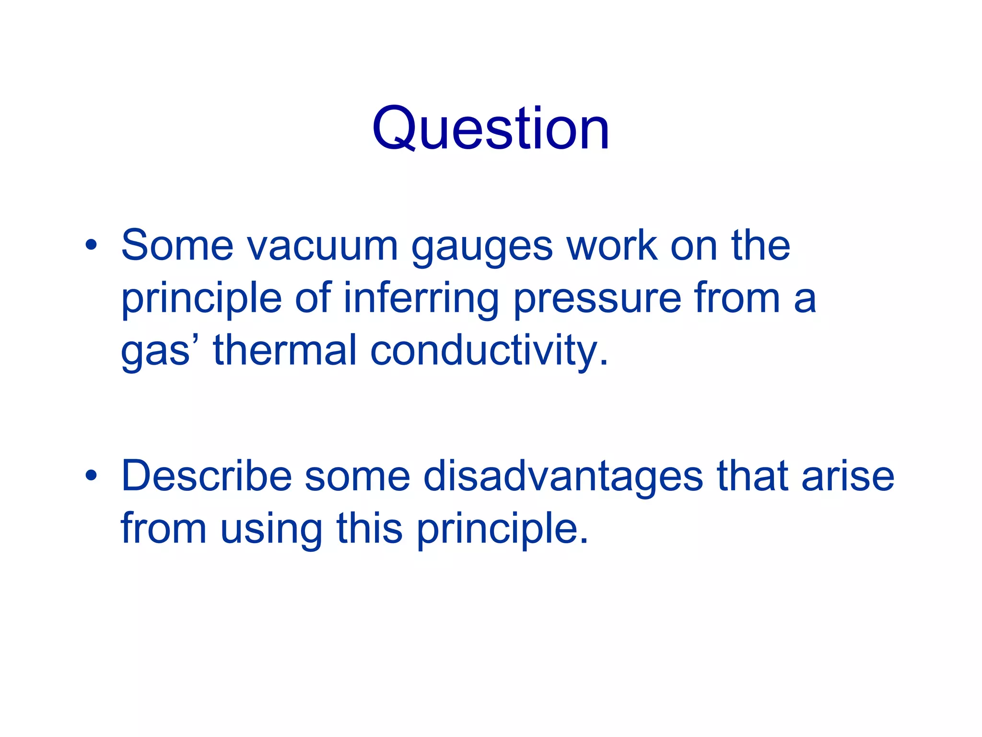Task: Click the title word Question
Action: pyautogui.click(x=491, y=129)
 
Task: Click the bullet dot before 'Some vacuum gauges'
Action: pyautogui.click(x=91, y=245)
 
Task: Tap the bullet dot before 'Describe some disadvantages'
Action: pyautogui.click(x=91, y=475)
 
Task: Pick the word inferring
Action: pyautogui.click(x=421, y=300)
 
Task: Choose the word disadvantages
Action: pyautogui.click(x=563, y=477)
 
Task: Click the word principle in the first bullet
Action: pyautogui.click(x=201, y=300)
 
